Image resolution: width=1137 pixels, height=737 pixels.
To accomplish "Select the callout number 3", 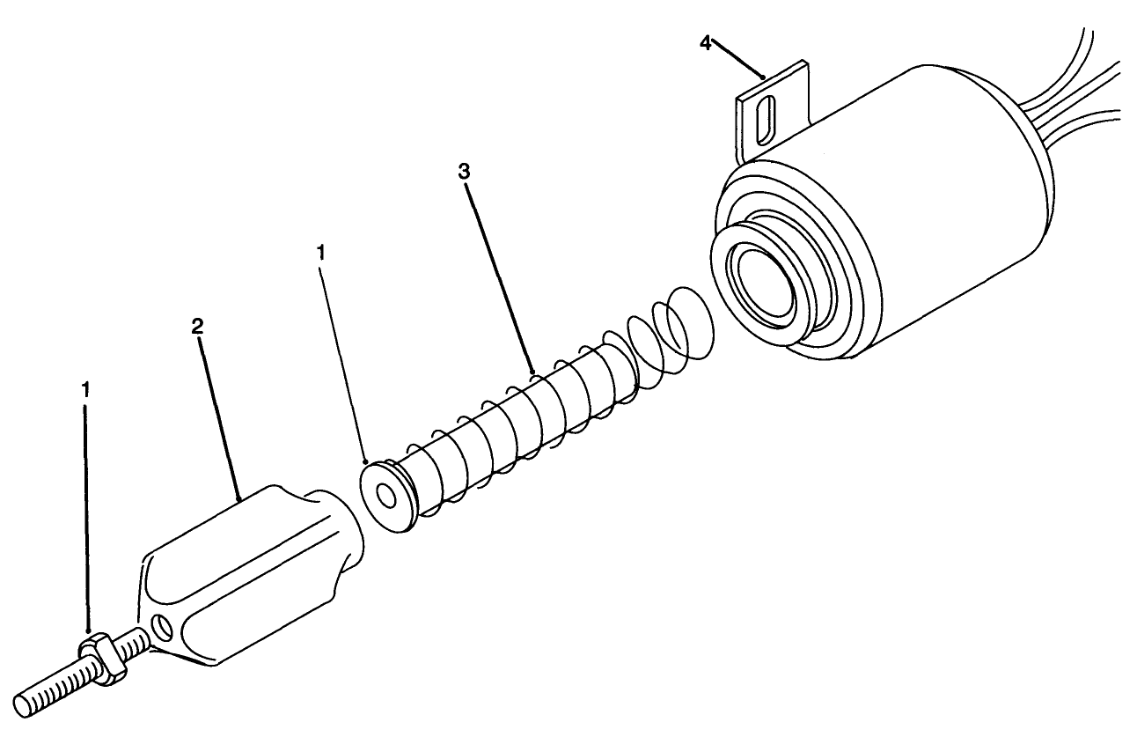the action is point(465,171).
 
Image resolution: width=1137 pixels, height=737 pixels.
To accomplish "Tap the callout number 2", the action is point(197,326).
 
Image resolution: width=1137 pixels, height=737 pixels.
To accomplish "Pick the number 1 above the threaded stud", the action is point(85,388).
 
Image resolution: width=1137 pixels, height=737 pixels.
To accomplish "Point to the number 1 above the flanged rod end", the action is point(321,253).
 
